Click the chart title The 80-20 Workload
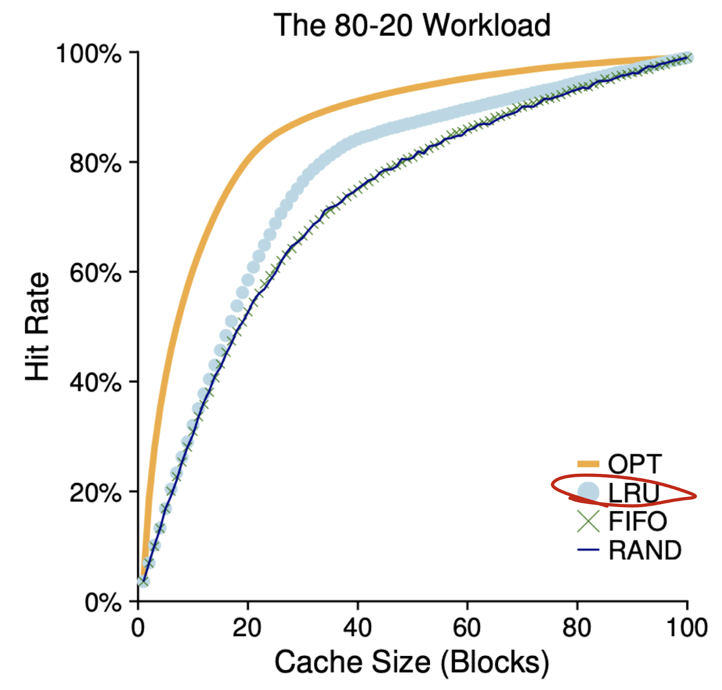[x=412, y=25]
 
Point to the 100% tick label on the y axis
[x=89, y=54]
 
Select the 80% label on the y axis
[x=95, y=163]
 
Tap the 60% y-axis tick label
[x=95, y=273]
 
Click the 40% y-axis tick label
[x=95, y=383]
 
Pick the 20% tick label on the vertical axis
[x=95, y=493]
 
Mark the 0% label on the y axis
[x=102, y=603]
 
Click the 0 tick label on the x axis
[x=138, y=628]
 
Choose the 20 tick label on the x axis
[x=247, y=628]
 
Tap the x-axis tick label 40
[x=357, y=628]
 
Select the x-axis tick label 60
[x=467, y=628]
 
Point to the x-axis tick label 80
[x=577, y=628]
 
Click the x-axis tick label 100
[x=687, y=628]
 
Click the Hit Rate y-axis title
[x=37, y=327]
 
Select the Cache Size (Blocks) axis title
[x=412, y=662]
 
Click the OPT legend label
[x=634, y=464]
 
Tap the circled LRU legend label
[x=633, y=493]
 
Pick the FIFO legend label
[x=637, y=521]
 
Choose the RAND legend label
[x=645, y=550]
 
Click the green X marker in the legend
[x=588, y=521]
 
